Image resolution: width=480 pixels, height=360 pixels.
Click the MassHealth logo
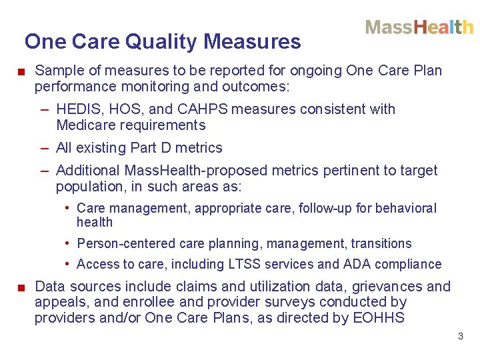click(x=419, y=27)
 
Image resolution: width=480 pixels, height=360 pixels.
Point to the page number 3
click(x=460, y=336)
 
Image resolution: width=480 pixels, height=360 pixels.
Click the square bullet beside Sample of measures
click(x=21, y=71)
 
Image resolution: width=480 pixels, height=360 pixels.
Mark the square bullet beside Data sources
click(x=21, y=287)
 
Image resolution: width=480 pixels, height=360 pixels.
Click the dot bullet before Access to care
click(x=69, y=264)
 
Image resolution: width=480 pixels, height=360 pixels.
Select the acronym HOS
click(x=124, y=109)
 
